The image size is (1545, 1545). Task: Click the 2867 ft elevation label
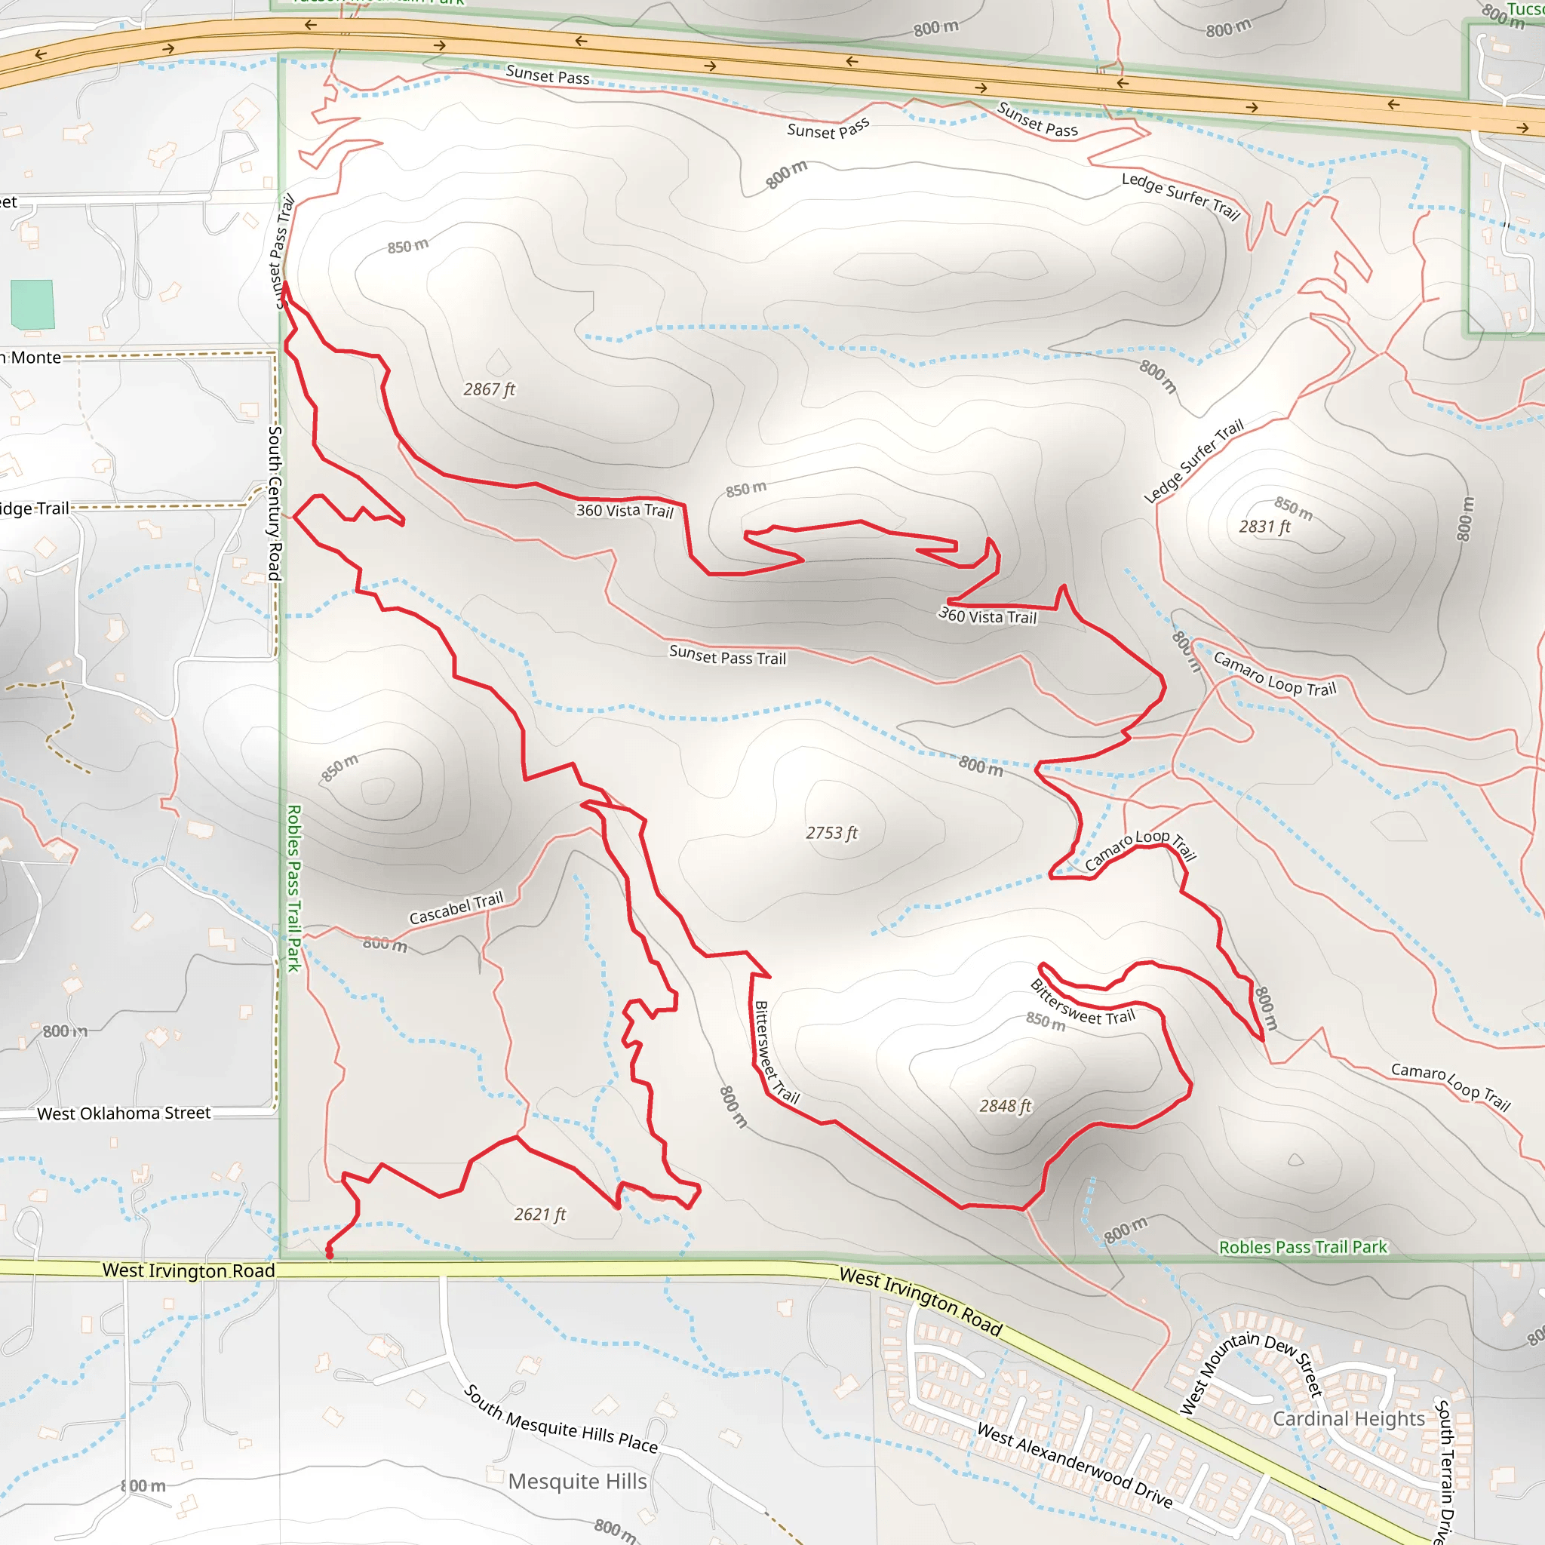coord(489,389)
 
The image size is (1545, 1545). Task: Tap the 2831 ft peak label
coord(1264,527)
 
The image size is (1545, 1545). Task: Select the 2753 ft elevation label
coord(831,833)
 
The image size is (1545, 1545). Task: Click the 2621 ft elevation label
coord(540,1214)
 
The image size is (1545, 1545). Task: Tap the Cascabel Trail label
coord(456,908)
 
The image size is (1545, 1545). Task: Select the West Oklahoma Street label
coord(124,1113)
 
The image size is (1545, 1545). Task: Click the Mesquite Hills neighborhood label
coord(577,1482)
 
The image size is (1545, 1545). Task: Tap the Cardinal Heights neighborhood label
coord(1348,1419)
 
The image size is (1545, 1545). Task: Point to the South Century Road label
coord(275,503)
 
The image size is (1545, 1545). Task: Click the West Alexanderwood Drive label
coord(1075,1466)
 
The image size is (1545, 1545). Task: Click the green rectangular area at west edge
coord(32,304)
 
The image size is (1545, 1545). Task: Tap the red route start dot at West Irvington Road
coord(330,1254)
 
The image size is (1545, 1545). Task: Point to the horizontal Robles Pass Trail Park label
coord(1303,1247)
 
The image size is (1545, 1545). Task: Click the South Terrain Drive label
coord(1443,1471)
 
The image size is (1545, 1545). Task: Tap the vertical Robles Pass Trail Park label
coord(293,888)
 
